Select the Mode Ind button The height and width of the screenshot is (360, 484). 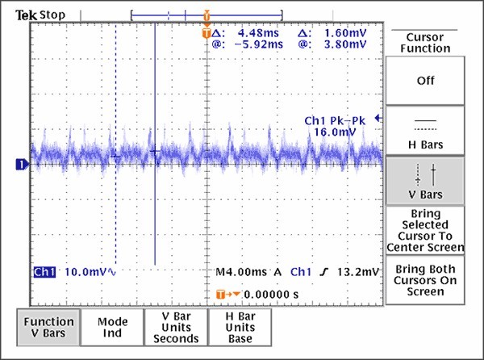pyautogui.click(x=113, y=328)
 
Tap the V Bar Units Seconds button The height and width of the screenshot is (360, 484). pyautogui.click(x=176, y=328)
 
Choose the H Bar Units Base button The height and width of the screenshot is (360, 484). pyautogui.click(x=240, y=328)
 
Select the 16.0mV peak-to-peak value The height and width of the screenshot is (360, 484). pyautogui.click(x=343, y=132)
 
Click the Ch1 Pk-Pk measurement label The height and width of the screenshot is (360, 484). pyautogui.click(x=335, y=120)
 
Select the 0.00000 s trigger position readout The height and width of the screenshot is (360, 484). pyautogui.click(x=271, y=295)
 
